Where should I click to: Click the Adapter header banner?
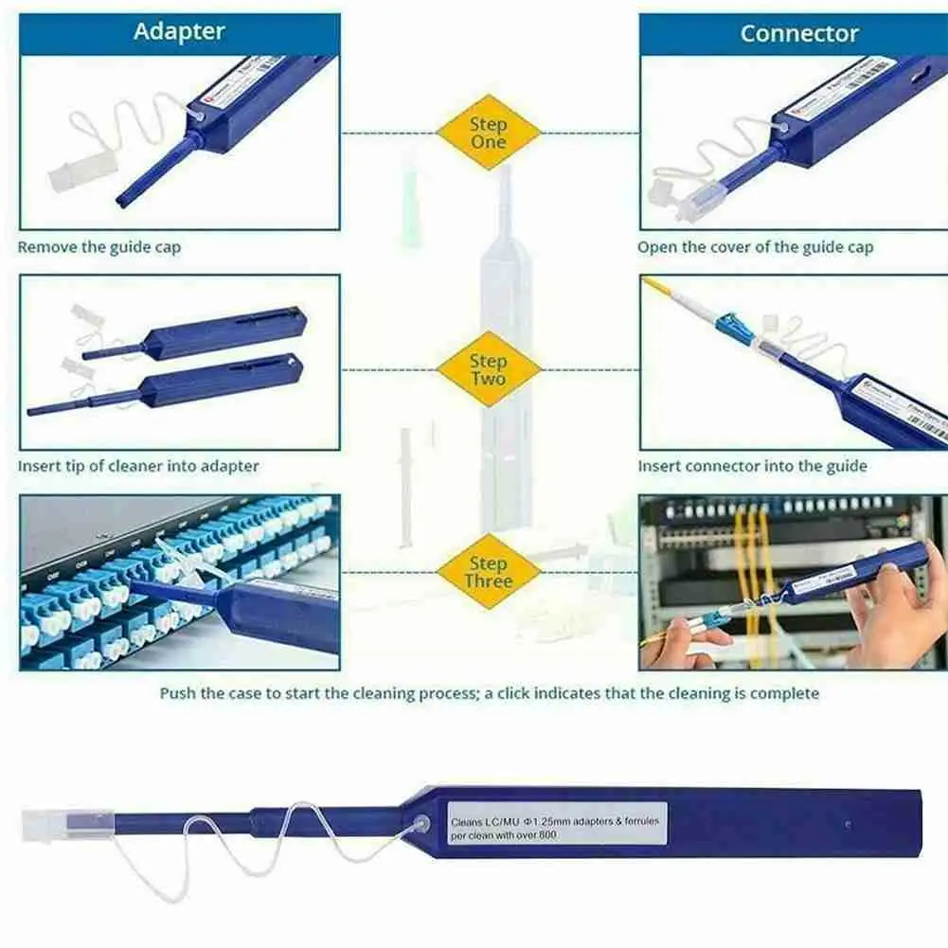(179, 31)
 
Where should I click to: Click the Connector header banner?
(798, 33)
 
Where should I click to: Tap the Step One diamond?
(488, 133)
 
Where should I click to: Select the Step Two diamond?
(488, 369)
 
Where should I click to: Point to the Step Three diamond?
(488, 572)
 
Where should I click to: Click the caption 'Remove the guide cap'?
(98, 247)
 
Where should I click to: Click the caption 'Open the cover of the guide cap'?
(755, 247)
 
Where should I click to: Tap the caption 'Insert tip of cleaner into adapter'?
(137, 466)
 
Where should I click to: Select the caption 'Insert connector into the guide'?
(752, 466)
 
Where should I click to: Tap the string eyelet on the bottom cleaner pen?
(422, 824)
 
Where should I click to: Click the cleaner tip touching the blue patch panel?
(152, 588)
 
